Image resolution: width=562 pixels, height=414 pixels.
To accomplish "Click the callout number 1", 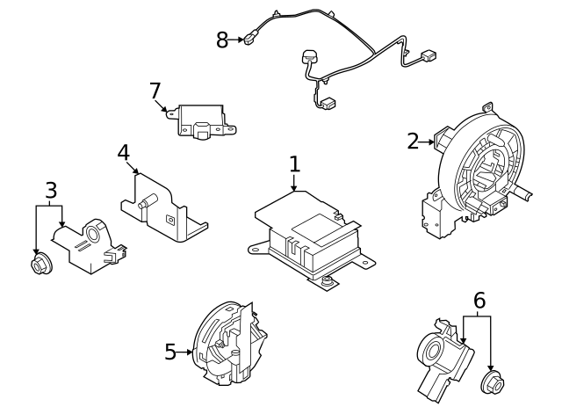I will pyautogui.click(x=295, y=164).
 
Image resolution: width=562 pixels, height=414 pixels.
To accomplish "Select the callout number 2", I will pyautogui.click(x=413, y=141).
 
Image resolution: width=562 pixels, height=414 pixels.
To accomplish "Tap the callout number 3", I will pyautogui.click(x=51, y=190).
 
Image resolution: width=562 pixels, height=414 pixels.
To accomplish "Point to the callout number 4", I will pyautogui.click(x=124, y=152).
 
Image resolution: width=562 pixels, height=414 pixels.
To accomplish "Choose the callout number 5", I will pyautogui.click(x=170, y=352).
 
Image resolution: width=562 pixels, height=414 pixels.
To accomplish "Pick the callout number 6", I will pyautogui.click(x=479, y=301).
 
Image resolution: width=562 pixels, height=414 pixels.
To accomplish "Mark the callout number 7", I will pyautogui.click(x=155, y=91).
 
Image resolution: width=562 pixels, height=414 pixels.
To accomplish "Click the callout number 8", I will pyautogui.click(x=222, y=39).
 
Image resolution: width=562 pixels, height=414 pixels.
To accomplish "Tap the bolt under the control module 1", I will pyautogui.click(x=327, y=282).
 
